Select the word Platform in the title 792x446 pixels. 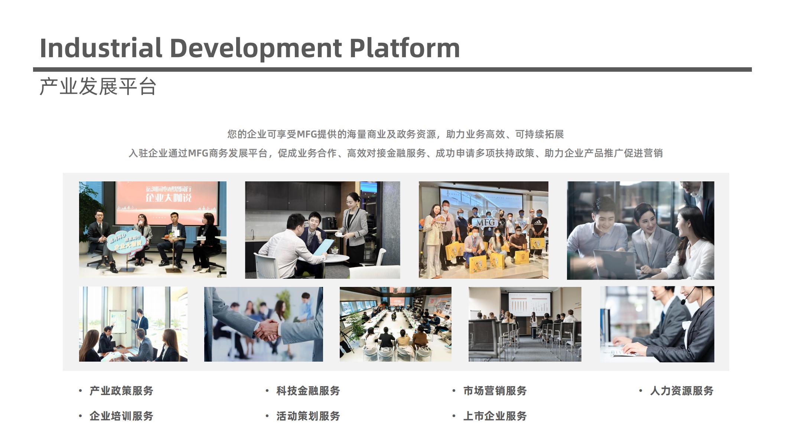click(x=405, y=48)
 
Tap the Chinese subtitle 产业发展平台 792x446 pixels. click(x=98, y=87)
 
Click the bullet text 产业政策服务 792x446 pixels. click(x=121, y=391)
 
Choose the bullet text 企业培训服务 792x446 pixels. click(x=121, y=416)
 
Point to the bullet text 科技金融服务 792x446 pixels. click(x=308, y=391)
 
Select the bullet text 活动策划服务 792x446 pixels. click(x=308, y=416)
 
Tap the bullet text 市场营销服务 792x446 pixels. click(x=495, y=391)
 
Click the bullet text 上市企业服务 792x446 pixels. click(x=495, y=416)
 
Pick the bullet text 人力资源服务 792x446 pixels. click(x=682, y=391)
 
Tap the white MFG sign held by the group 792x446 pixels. click(x=486, y=222)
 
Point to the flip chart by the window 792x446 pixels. click(x=118, y=323)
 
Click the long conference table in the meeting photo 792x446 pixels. click(x=395, y=323)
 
